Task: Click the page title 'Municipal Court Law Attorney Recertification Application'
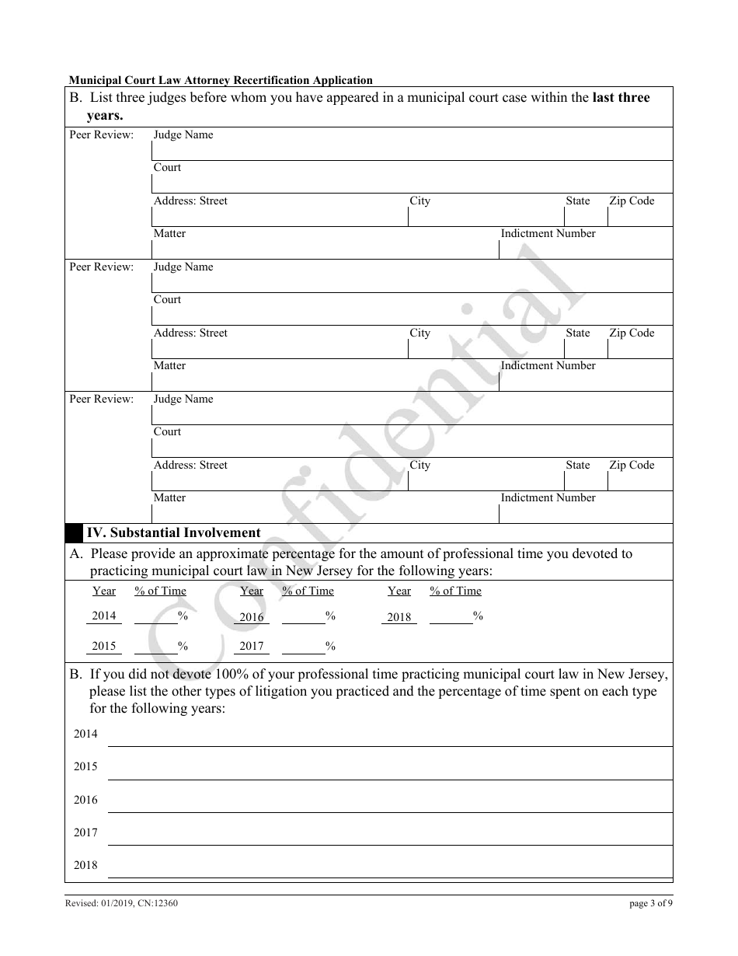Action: (x=221, y=80)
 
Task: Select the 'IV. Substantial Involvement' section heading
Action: (x=173, y=533)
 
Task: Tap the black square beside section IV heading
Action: (x=74, y=533)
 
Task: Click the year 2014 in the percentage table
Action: (x=104, y=616)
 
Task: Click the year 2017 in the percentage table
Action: (x=252, y=646)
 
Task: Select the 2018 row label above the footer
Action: (x=85, y=865)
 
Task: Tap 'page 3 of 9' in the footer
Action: (x=650, y=903)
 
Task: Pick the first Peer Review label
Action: (x=102, y=135)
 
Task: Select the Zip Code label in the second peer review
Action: (x=632, y=333)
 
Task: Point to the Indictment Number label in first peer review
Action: (x=548, y=234)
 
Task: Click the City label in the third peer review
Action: (x=419, y=466)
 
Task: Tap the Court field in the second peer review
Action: (x=412, y=315)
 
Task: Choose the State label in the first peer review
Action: (x=577, y=201)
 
